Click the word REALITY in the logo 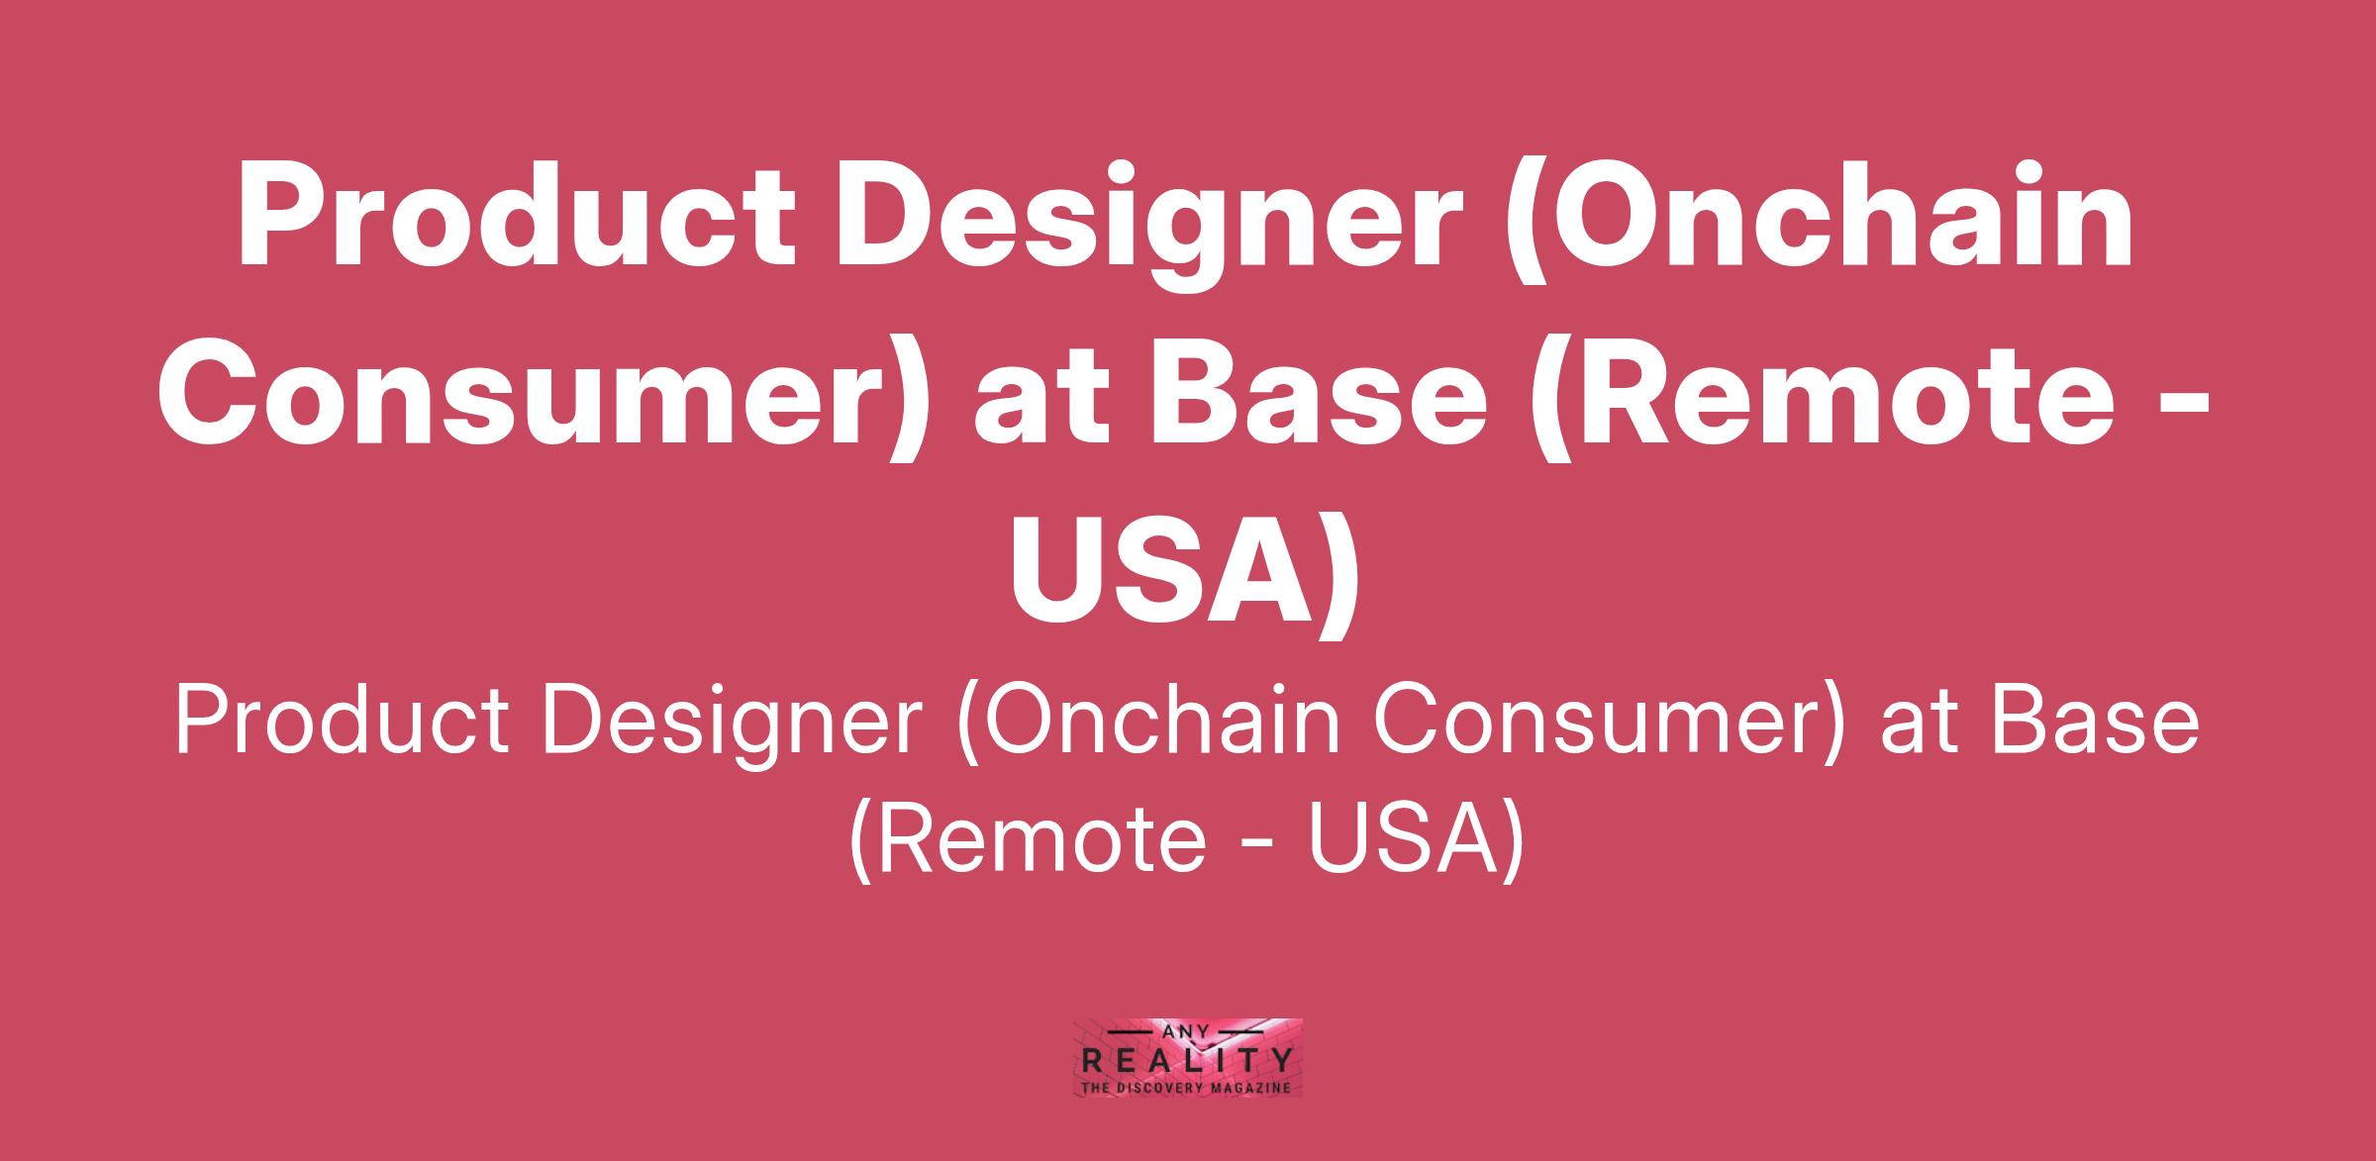[x=1188, y=1062]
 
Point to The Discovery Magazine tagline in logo [x=1188, y=1088]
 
